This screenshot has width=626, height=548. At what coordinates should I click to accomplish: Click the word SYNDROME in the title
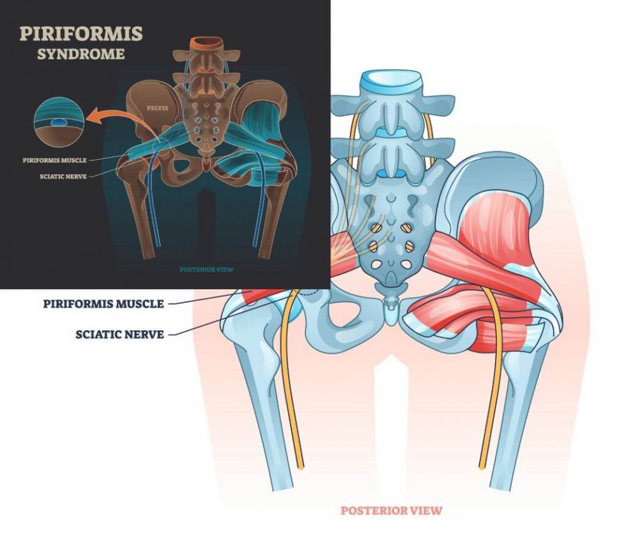(80, 54)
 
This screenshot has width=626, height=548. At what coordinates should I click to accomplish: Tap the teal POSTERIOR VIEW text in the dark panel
(206, 270)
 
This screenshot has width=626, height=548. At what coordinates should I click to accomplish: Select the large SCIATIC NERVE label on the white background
(119, 333)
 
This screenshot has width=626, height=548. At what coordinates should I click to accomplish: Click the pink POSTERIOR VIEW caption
(391, 510)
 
